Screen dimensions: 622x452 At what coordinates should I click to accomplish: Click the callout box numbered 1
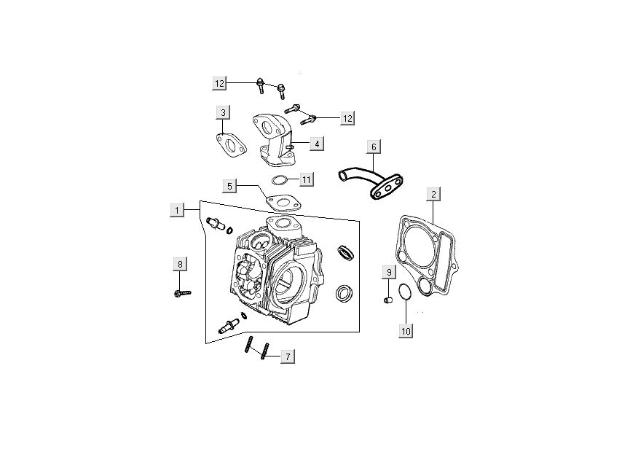[x=177, y=210]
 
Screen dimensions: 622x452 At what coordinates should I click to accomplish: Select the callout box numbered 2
[x=433, y=194]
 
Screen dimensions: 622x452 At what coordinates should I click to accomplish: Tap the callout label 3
[x=223, y=112]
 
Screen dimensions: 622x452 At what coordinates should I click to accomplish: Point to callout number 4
[x=317, y=144]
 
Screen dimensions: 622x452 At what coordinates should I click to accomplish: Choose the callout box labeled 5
[x=229, y=186]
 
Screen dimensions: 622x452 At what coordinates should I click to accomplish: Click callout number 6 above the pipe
[x=374, y=147]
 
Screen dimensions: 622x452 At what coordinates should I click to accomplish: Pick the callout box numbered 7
[x=288, y=356]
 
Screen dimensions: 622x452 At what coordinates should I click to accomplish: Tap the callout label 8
[x=180, y=264]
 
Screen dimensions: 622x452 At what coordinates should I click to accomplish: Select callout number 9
[x=389, y=272]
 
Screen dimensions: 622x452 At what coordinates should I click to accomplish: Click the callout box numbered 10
[x=406, y=331]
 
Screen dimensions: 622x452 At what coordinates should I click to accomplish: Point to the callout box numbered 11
[x=306, y=179]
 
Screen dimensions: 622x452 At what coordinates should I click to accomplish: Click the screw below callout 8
[x=183, y=293]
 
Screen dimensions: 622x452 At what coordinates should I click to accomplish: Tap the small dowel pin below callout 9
[x=388, y=299]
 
